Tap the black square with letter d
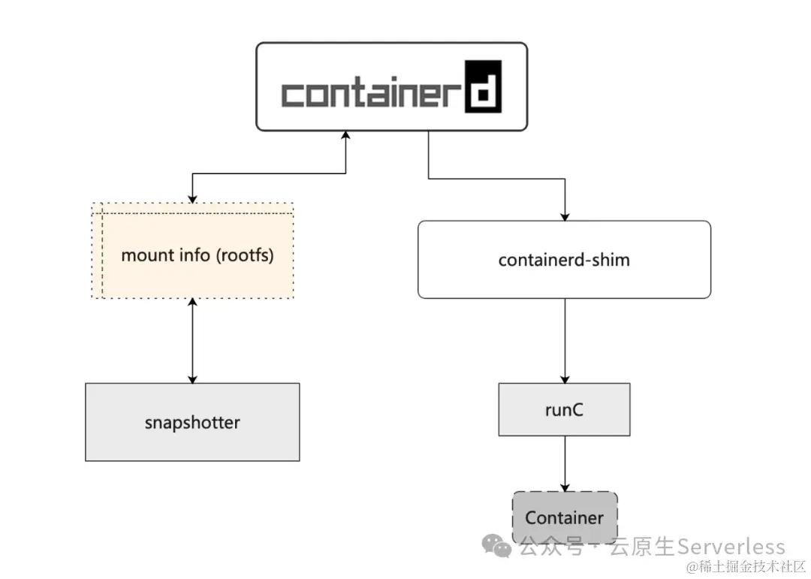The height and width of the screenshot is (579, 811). click(482, 86)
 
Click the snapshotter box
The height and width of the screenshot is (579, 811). click(192, 422)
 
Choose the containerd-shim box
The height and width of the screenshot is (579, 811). click(564, 260)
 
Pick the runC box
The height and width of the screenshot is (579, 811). click(564, 409)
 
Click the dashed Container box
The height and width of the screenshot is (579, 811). click(565, 517)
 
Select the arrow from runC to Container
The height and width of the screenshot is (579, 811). click(565, 463)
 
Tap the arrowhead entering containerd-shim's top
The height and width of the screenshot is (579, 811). click(565, 216)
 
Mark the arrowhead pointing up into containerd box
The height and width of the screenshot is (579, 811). click(346, 135)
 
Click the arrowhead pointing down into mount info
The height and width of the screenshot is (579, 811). click(193, 198)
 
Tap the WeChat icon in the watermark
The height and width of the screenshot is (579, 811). click(497, 546)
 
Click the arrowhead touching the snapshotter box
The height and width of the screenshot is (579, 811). click(193, 378)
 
